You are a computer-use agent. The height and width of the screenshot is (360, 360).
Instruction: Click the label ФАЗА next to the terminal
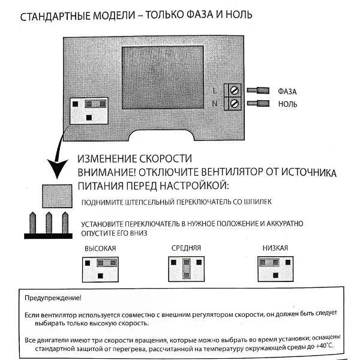[x=289, y=91]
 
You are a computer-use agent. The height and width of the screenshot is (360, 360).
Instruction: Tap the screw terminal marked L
[x=235, y=91]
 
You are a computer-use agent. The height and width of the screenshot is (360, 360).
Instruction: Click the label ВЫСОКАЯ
[x=100, y=248]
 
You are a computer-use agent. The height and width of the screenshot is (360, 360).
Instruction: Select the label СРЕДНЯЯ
[x=186, y=247]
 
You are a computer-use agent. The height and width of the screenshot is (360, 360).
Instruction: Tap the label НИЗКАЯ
[x=275, y=248]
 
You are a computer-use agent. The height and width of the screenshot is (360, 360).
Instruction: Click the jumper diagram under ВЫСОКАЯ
[x=100, y=268]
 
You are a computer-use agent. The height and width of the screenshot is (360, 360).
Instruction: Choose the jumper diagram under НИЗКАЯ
[x=275, y=268]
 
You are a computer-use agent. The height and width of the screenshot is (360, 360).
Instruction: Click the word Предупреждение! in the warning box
[x=53, y=298]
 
